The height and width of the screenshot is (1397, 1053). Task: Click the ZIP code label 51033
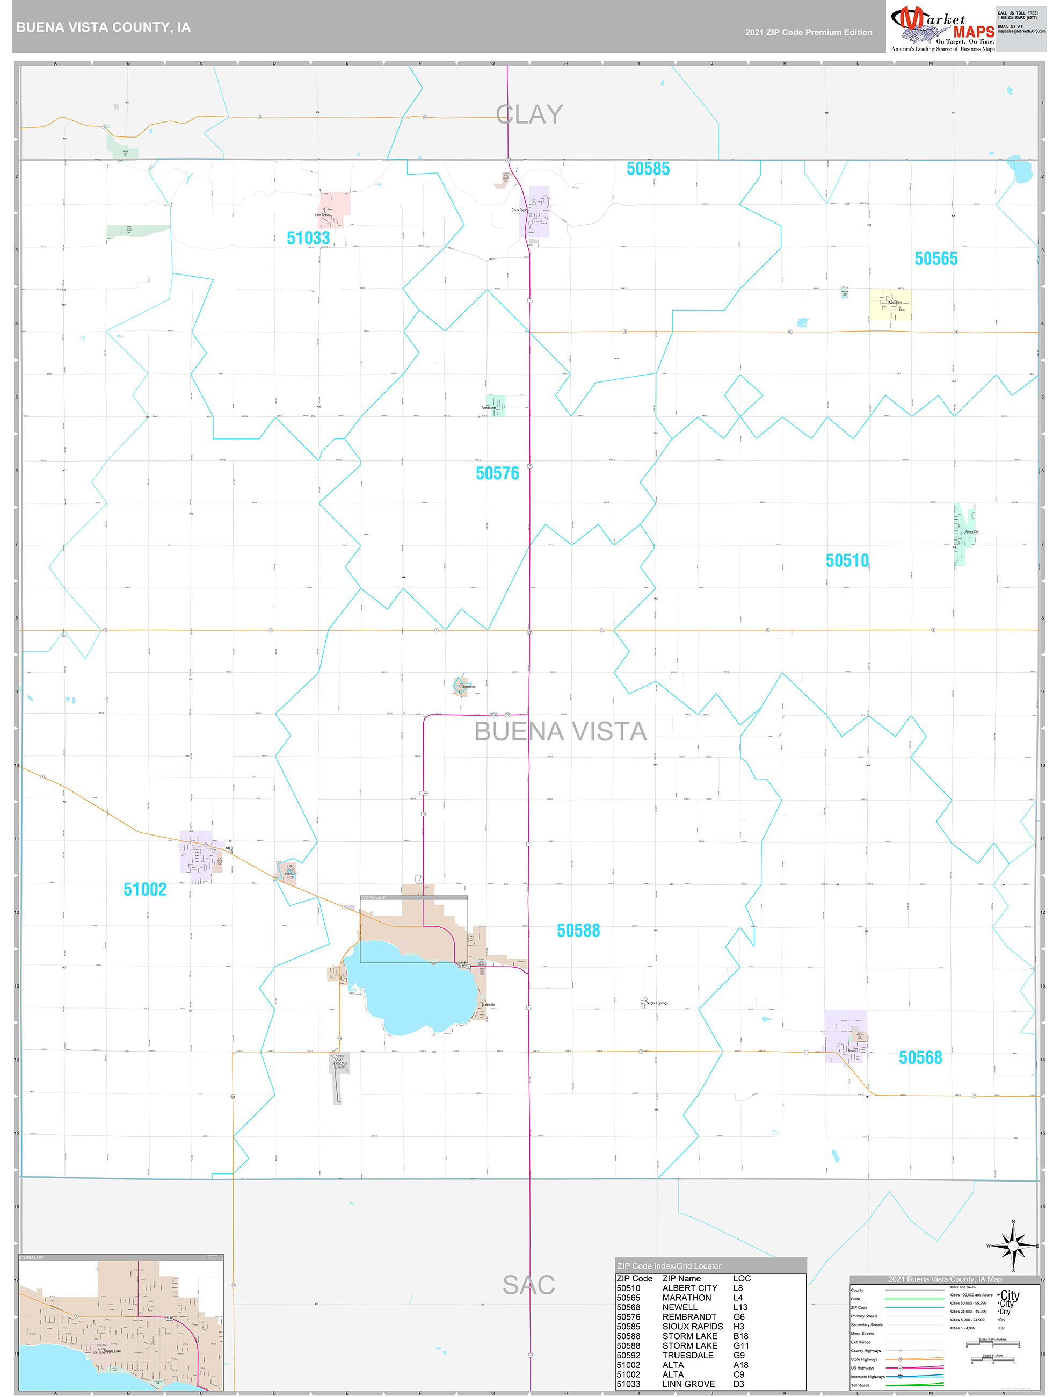308,238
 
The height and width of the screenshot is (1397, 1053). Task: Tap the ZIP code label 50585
648,169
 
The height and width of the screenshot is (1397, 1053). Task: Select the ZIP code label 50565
935,258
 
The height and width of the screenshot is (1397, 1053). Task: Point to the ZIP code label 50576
497,473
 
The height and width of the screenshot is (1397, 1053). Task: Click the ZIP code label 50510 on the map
847,560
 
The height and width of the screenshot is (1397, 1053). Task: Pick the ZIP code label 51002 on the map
144,889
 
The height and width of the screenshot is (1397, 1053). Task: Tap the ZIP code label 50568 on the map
920,1057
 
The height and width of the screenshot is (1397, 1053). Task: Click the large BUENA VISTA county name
560,731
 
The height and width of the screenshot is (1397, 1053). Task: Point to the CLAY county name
529,115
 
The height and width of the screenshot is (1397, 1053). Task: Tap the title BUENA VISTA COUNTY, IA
104,27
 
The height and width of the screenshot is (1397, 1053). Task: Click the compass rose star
1013,1245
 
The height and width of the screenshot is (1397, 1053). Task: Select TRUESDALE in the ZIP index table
687,1355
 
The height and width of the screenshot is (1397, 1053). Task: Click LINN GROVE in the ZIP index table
688,1384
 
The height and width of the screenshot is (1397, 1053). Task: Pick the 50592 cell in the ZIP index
628,1355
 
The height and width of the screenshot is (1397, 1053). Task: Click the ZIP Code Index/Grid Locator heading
669,1266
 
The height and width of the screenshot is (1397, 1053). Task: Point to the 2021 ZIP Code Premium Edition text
808,32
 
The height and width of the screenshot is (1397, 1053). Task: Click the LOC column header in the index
742,1278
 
